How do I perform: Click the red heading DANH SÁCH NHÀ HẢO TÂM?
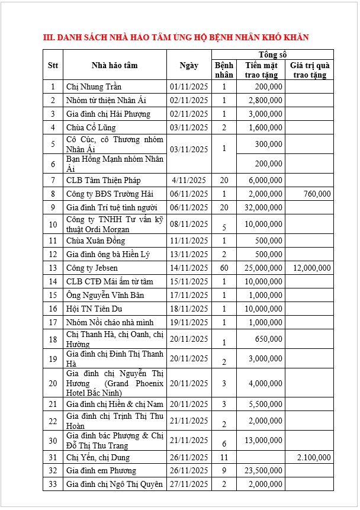click(x=176, y=37)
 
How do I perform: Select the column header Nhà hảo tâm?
click(x=114, y=65)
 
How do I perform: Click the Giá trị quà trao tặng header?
click(x=309, y=70)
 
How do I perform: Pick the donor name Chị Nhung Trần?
click(x=94, y=87)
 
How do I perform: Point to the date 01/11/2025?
click(x=189, y=87)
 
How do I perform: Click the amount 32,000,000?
click(x=263, y=207)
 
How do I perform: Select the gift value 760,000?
click(x=316, y=194)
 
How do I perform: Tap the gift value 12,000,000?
click(x=311, y=268)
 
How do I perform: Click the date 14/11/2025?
click(x=189, y=268)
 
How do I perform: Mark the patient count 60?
click(x=224, y=268)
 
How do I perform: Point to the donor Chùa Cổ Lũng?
click(x=91, y=127)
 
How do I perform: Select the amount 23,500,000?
click(x=263, y=470)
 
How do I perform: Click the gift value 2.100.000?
click(x=314, y=457)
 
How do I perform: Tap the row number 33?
click(x=53, y=484)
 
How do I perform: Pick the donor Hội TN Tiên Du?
click(x=95, y=309)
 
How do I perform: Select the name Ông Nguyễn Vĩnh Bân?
click(x=105, y=295)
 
